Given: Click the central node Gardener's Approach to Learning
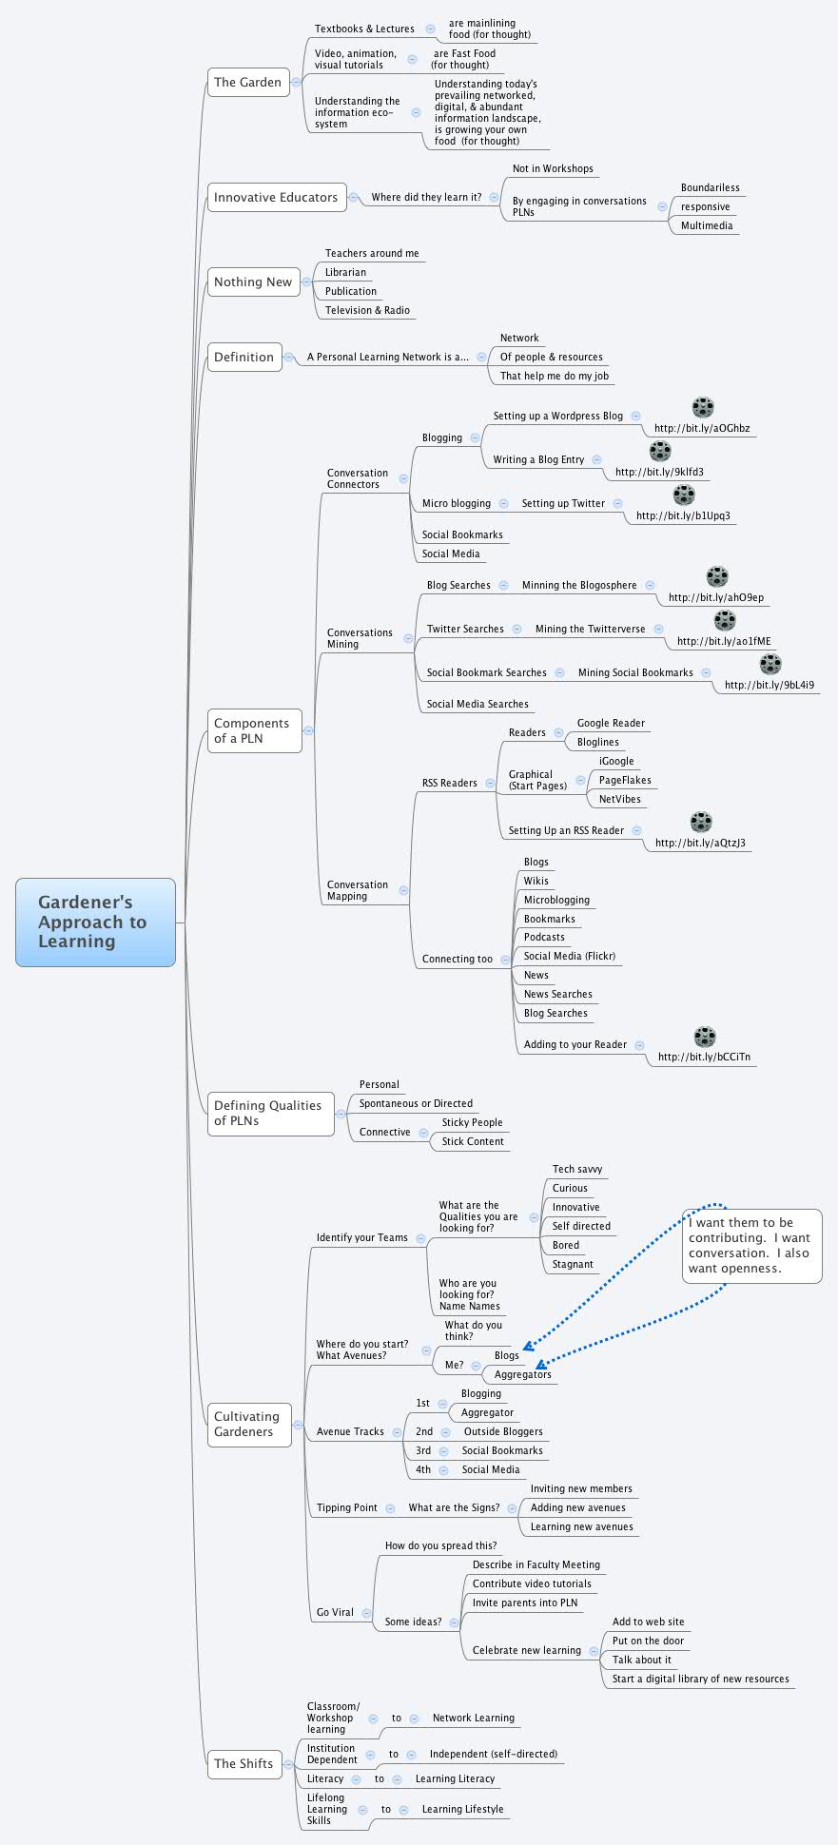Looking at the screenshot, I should (95, 922).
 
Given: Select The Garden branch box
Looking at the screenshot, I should (247, 83).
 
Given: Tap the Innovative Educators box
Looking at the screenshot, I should (276, 198).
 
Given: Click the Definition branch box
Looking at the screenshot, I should (244, 358).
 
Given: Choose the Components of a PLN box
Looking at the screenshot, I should (253, 731).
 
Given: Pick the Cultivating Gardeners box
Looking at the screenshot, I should (247, 1425).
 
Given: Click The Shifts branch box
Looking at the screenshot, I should (244, 1763).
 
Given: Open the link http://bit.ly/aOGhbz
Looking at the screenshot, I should (702, 428).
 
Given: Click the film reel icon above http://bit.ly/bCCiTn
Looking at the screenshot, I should (705, 1037).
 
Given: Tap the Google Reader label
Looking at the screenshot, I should (611, 724).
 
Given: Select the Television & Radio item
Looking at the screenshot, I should (367, 311).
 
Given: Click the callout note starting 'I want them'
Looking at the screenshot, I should (751, 1246).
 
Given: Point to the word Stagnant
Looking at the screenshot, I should (573, 1265).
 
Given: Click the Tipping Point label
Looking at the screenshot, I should (347, 1508).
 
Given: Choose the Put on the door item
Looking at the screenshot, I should (648, 1641).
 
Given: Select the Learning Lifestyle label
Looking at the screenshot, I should (462, 1810).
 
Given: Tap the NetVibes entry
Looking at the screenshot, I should (620, 800).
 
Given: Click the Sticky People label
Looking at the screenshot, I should (472, 1123).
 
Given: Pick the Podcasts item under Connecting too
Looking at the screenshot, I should (544, 938).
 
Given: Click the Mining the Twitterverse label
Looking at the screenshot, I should (590, 630).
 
